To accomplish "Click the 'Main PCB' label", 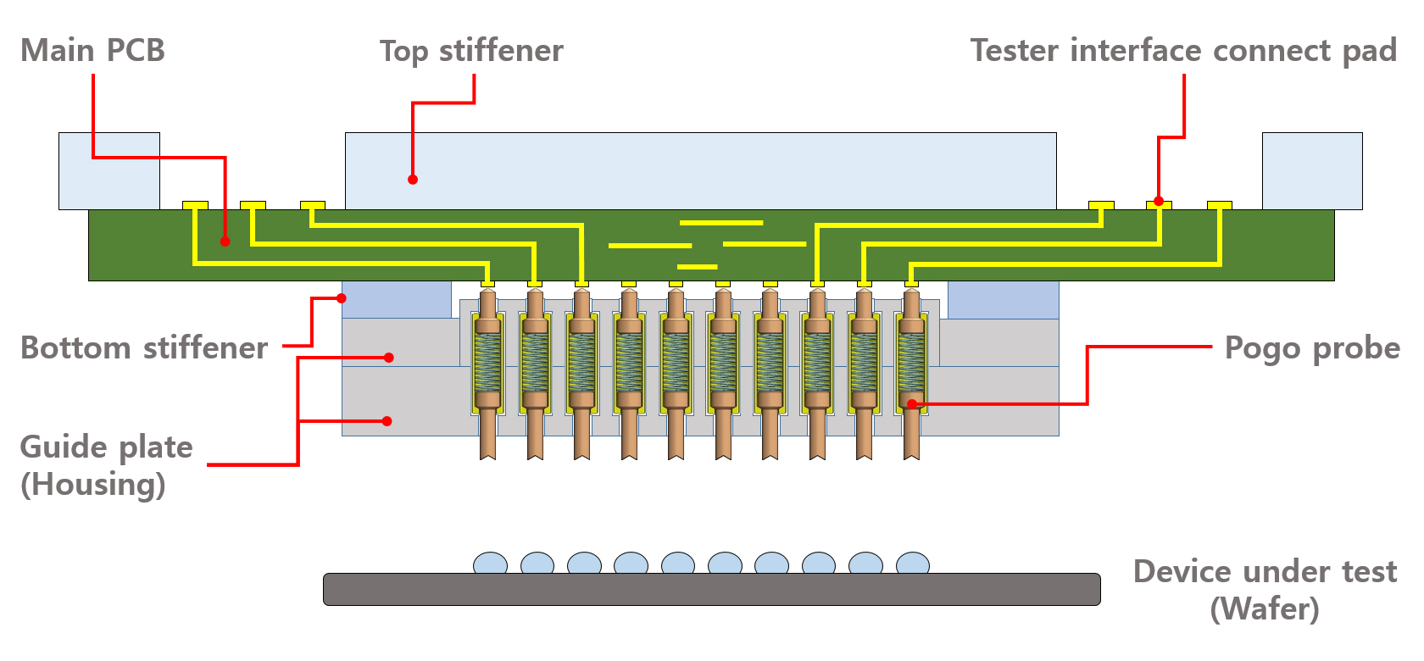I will click(92, 51).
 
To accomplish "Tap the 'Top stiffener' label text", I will click(471, 51).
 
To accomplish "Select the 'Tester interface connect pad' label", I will click(1183, 51).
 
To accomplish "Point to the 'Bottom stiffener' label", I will click(144, 348).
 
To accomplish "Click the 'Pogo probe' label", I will click(1312, 348).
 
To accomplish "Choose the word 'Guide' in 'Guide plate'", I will click(64, 447).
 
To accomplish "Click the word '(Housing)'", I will click(93, 485).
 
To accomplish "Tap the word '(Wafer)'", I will click(1265, 608).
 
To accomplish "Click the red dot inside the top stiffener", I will click(413, 180).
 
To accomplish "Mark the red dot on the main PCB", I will click(225, 242).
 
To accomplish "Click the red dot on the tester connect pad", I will click(1159, 202).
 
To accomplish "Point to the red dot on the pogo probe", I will click(912, 404).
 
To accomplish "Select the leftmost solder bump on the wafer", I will click(490, 564).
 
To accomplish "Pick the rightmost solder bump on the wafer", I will click(912, 564).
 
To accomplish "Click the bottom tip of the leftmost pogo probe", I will click(487, 453).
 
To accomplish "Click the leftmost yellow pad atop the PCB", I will click(195, 205).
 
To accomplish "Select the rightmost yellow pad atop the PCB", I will click(1219, 205).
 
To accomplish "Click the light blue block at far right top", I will click(1312, 170).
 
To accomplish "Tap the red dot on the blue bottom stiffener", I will click(342, 298).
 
